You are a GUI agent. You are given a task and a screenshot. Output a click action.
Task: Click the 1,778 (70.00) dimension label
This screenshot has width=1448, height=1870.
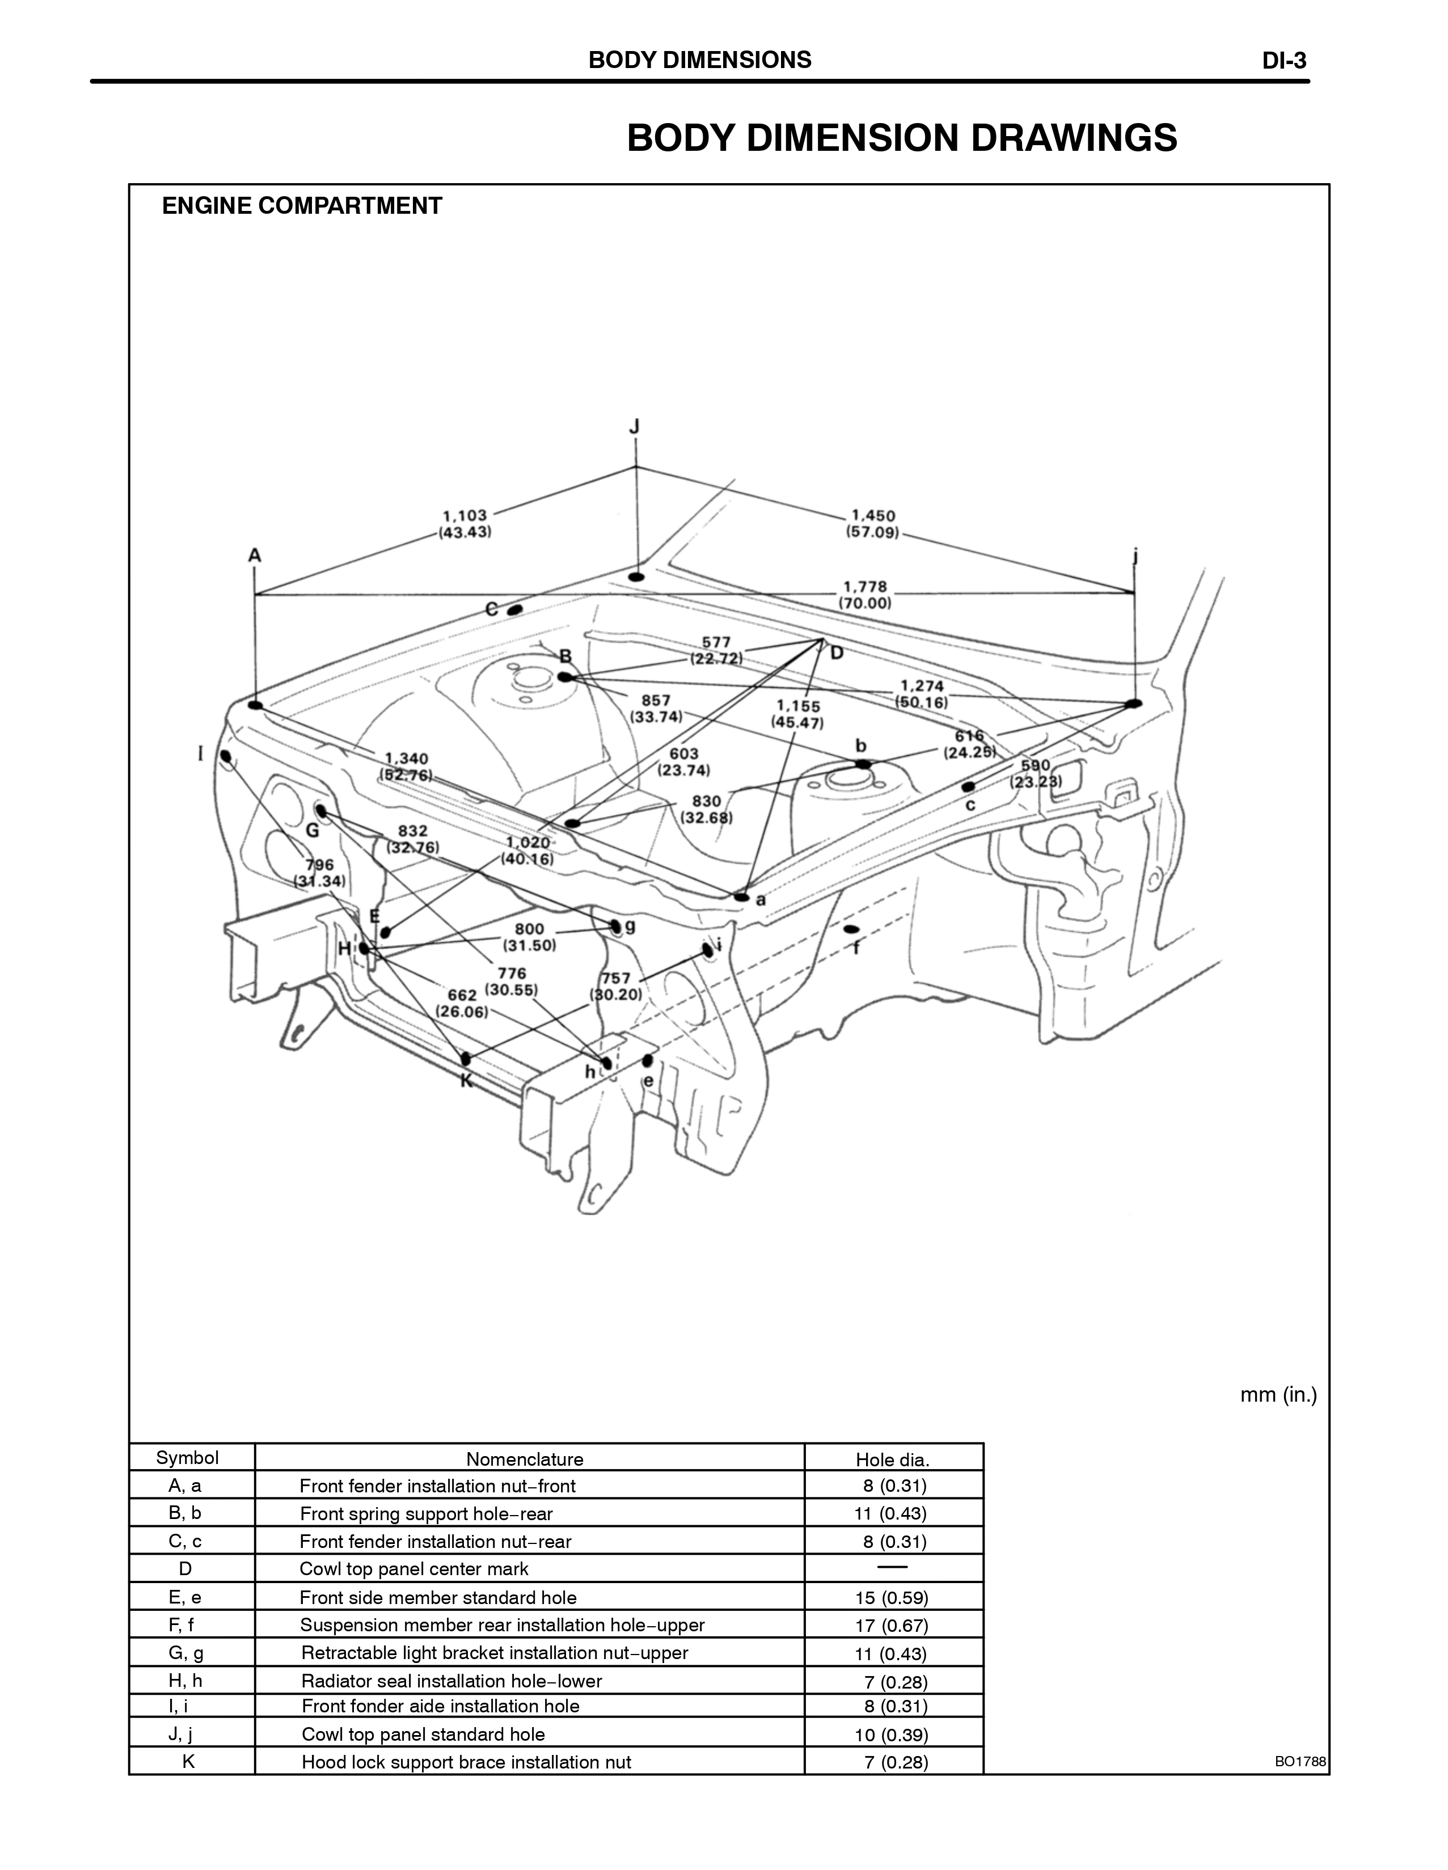(x=865, y=594)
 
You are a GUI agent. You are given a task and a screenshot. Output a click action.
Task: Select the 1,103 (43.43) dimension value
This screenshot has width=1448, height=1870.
(x=465, y=523)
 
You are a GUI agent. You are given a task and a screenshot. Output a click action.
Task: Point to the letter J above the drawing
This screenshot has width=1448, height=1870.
(x=635, y=426)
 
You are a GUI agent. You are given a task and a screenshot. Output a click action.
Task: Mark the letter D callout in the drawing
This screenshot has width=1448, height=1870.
(x=837, y=653)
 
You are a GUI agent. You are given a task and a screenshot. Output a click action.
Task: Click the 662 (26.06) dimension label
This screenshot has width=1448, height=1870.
(x=462, y=1002)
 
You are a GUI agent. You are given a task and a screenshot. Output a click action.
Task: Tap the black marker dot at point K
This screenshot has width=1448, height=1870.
(x=466, y=1059)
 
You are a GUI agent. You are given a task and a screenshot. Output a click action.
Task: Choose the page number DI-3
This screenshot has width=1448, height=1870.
(x=1284, y=61)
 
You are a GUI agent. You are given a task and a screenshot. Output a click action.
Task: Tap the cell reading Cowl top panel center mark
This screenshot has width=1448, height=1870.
(x=413, y=1568)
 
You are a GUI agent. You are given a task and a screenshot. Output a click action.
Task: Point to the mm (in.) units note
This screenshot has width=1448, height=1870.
(x=1278, y=1395)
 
